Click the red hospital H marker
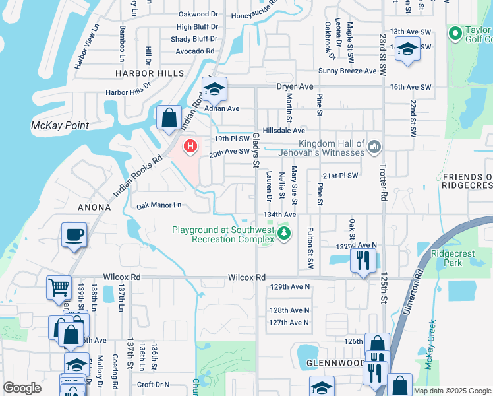point(191,145)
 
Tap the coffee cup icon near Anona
point(73,235)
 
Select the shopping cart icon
point(59,288)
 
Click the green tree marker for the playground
point(284,233)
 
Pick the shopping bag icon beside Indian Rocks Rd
point(169,118)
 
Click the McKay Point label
point(60,125)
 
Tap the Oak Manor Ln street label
point(158,205)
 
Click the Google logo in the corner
point(22,388)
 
